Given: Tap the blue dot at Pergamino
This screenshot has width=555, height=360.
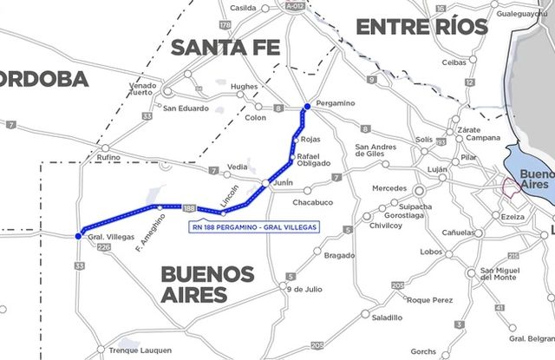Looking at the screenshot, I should point(306,107).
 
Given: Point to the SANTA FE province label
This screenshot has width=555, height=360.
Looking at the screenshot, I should point(225,48).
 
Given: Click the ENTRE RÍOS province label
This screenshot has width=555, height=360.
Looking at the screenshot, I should point(422,27).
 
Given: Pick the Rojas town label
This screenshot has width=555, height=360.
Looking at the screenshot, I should point(310,139).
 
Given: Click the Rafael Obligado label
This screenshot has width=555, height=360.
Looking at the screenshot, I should point(314,160).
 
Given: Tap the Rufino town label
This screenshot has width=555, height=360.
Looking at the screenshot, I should point(109,158).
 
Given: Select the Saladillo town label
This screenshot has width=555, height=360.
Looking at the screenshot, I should point(387,317).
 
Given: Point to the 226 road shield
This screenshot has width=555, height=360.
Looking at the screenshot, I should point(105,248).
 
